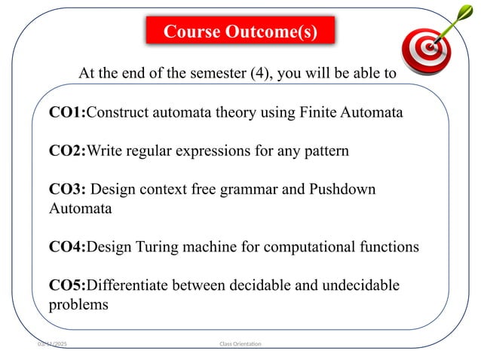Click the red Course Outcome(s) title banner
point(240,32)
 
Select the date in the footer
point(56,343)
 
